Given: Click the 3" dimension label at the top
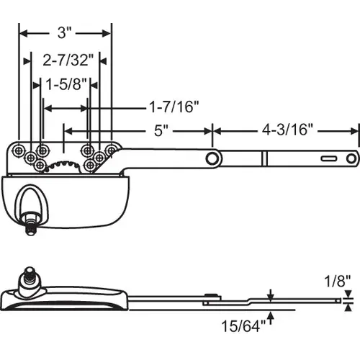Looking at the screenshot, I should (65, 32).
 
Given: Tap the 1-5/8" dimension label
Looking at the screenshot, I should (66, 84).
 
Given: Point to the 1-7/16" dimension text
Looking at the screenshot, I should (174, 107).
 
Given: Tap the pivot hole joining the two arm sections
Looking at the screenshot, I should (212, 158).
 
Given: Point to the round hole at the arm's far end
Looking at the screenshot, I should (351, 158).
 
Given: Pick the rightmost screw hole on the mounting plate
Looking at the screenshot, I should (111, 149).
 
